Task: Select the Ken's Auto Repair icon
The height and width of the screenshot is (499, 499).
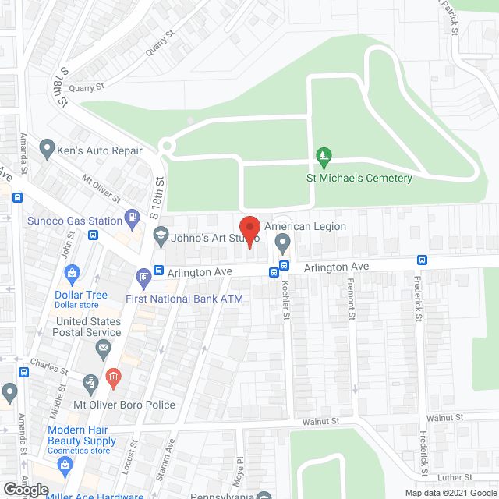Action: coord(47,147)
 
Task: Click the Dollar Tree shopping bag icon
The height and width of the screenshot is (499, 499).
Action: coord(72,274)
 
